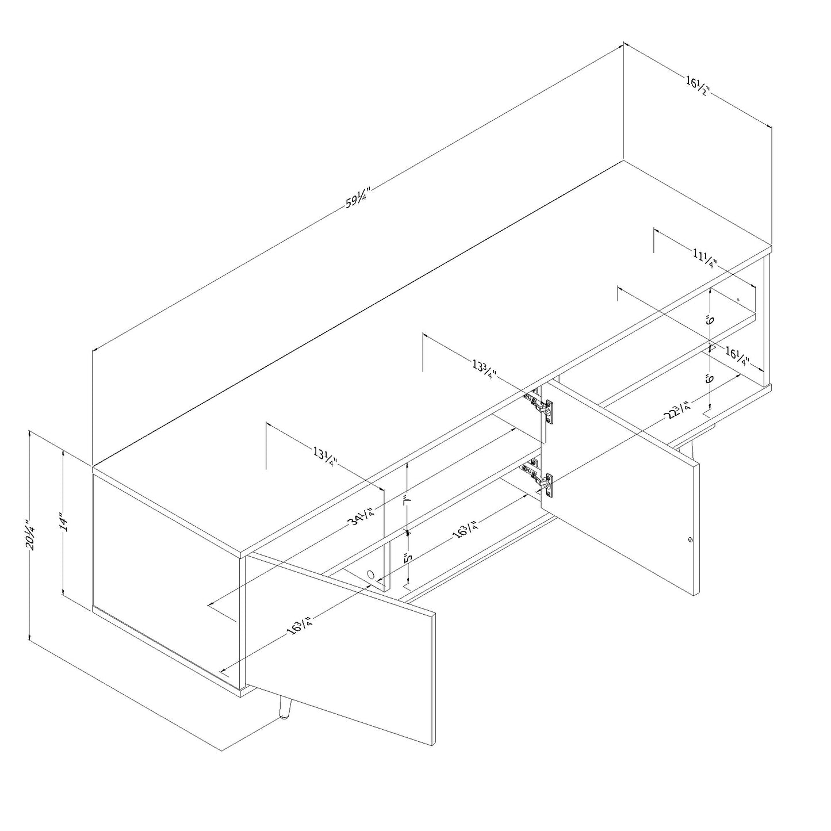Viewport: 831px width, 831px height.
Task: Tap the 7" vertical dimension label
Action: (407, 500)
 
